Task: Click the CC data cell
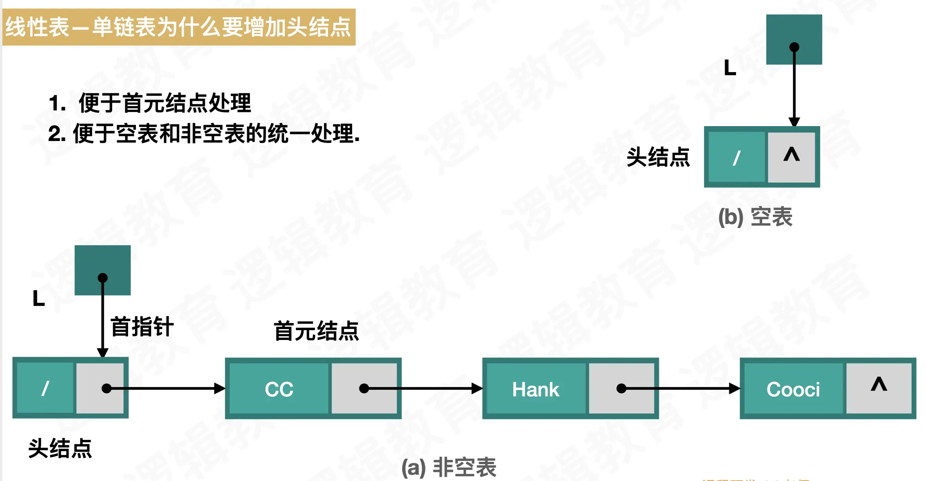279,389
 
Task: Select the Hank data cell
535,389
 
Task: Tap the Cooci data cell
793,389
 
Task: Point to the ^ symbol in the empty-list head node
791,156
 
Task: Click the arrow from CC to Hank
423,388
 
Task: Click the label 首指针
142,327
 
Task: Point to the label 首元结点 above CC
316,331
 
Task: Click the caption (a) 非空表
449,467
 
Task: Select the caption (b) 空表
755,217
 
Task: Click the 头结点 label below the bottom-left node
60,448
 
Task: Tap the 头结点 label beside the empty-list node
658,157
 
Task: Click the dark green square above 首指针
103,270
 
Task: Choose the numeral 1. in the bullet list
57,103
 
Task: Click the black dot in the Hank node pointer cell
621,388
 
